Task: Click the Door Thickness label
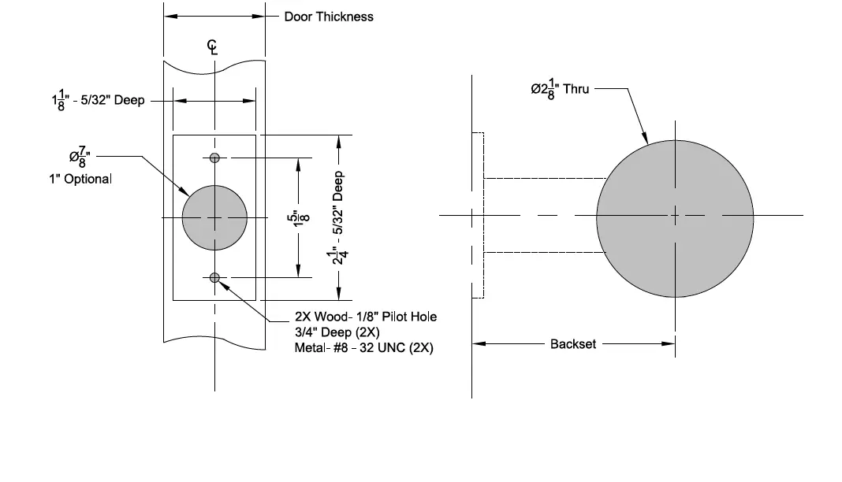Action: pyautogui.click(x=329, y=17)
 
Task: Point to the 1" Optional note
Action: pyautogui.click(x=80, y=179)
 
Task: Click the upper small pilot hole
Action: pyautogui.click(x=214, y=158)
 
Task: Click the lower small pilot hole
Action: pyautogui.click(x=214, y=276)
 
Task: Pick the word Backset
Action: pyautogui.click(x=573, y=344)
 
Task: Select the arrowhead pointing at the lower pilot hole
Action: pyautogui.click(x=225, y=283)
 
